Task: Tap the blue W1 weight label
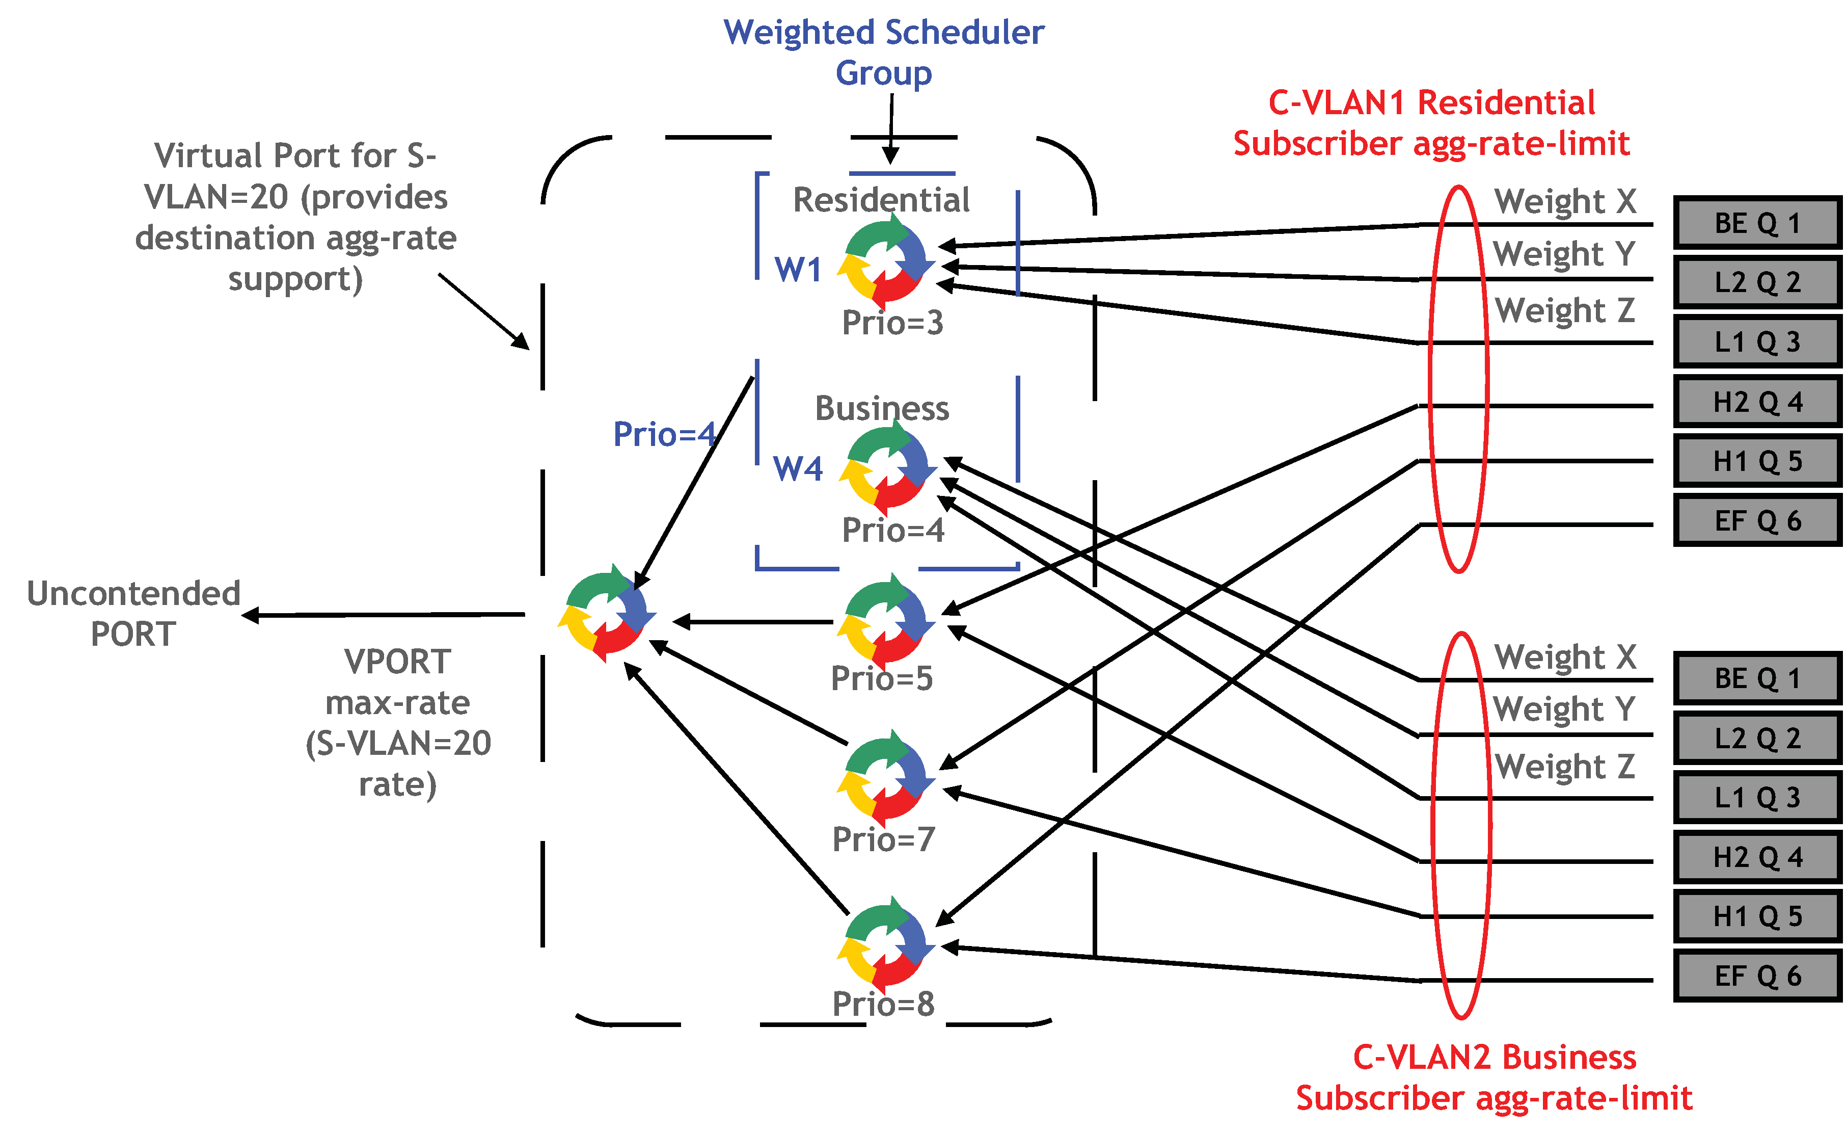[798, 270]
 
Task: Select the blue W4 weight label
[798, 469]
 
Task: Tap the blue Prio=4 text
[664, 435]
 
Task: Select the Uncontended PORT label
[133, 613]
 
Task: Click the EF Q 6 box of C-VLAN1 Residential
[1757, 520]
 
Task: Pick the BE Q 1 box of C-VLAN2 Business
[1757, 678]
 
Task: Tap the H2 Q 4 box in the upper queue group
[1757, 402]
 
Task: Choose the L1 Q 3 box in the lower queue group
[1757, 798]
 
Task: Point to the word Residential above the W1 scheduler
[881, 200]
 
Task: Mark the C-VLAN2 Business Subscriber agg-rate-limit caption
[1494, 1078]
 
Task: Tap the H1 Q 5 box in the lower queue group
[1757, 916]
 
